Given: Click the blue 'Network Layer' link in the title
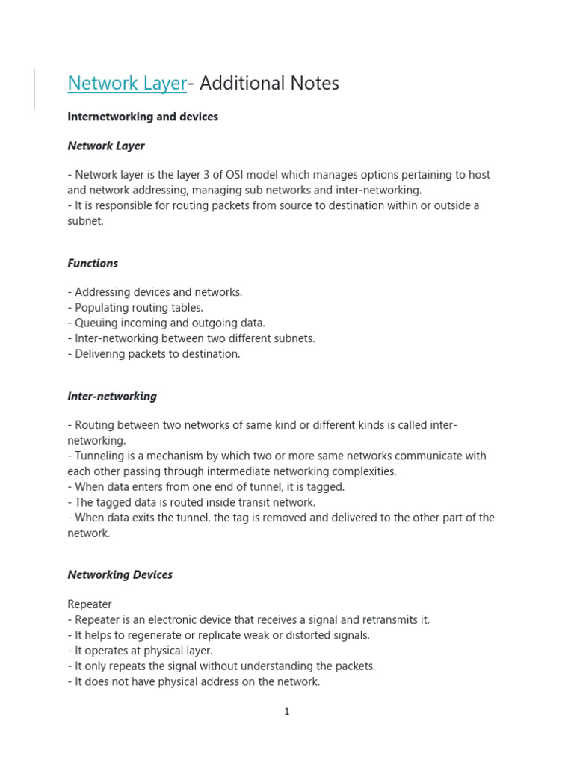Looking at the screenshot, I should tap(127, 84).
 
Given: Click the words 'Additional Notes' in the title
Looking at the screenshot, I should tap(269, 84).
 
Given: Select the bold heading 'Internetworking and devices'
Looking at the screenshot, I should tap(143, 117).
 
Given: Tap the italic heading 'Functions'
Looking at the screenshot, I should tap(93, 264).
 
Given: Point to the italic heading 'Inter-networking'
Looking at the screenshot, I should tap(112, 397).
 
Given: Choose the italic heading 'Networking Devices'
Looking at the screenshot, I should tap(120, 575).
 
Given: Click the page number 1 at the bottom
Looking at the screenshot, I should tap(287, 712).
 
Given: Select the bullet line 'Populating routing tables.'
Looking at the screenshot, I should tap(135, 308).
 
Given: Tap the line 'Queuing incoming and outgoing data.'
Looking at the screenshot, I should tap(167, 323).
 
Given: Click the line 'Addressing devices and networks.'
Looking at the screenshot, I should tap(155, 293).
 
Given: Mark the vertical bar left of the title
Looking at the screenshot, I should tap(34, 89).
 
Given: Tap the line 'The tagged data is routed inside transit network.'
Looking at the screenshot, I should tap(191, 503).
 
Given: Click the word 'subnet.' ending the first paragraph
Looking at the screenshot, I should tap(86, 221).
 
